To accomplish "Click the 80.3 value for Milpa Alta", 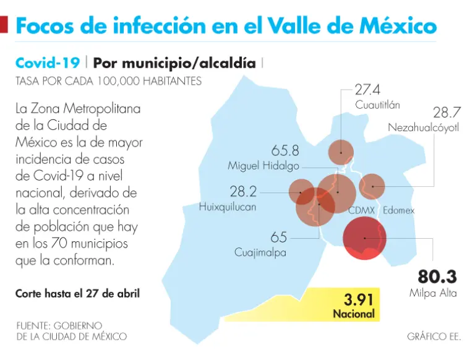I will tap(437, 276).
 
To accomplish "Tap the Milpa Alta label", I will tap(433, 293).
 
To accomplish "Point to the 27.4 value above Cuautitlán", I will tap(367, 90).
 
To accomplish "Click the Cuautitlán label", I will tap(377, 105).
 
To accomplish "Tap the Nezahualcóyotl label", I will tap(424, 127).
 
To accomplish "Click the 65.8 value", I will tap(285, 150).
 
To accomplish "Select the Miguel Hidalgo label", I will tap(263, 166).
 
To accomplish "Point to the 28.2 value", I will tap(243, 191).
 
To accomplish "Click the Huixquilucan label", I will tap(228, 207).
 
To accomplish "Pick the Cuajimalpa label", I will tap(260, 252).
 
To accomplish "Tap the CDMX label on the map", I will tap(362, 210).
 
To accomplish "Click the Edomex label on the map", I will tap(398, 210).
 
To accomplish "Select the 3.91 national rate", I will tap(359, 300).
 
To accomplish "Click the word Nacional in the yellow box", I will tap(354, 314).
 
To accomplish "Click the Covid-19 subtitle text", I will tap(47, 63).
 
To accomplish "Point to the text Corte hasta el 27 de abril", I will tap(77, 293).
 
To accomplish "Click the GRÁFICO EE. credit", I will tap(434, 336).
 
